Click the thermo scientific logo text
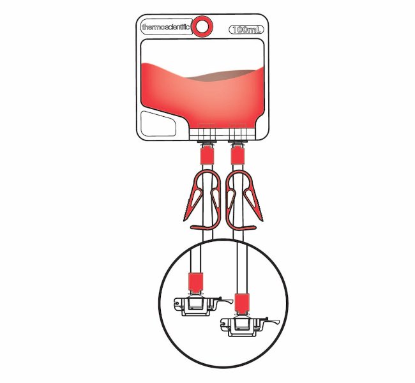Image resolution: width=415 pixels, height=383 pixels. (x=166, y=27)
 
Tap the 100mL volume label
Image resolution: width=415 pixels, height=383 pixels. (x=246, y=29)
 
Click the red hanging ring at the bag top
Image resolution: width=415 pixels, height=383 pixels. (x=202, y=26)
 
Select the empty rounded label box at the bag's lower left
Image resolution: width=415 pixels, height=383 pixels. (x=158, y=124)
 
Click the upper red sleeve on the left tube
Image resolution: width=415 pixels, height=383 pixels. (x=207, y=156)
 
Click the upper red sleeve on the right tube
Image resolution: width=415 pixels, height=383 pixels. (x=238, y=156)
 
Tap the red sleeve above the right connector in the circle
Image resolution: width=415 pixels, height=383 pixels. (x=243, y=303)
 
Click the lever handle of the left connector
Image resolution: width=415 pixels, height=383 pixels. (x=225, y=301)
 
